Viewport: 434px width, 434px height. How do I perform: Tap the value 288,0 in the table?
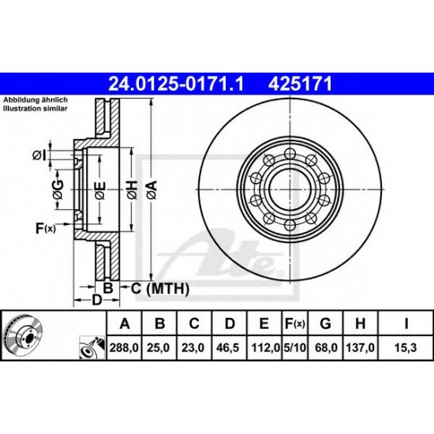pos(124,345)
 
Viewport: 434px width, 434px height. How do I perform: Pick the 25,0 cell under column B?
pos(159,345)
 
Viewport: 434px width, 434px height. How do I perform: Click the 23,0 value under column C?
pos(194,345)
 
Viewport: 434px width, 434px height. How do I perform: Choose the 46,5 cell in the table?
pos(230,345)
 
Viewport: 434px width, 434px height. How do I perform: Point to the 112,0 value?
pos(265,345)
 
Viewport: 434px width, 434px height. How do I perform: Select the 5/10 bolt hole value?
pos(294,345)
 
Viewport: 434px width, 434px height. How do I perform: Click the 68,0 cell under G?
pos(324,345)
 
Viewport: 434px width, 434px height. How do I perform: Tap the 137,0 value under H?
pos(360,345)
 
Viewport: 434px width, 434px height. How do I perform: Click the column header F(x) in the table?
pos(294,322)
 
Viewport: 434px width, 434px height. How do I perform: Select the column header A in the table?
pos(124,322)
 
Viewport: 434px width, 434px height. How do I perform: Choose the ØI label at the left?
pos(39,155)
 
